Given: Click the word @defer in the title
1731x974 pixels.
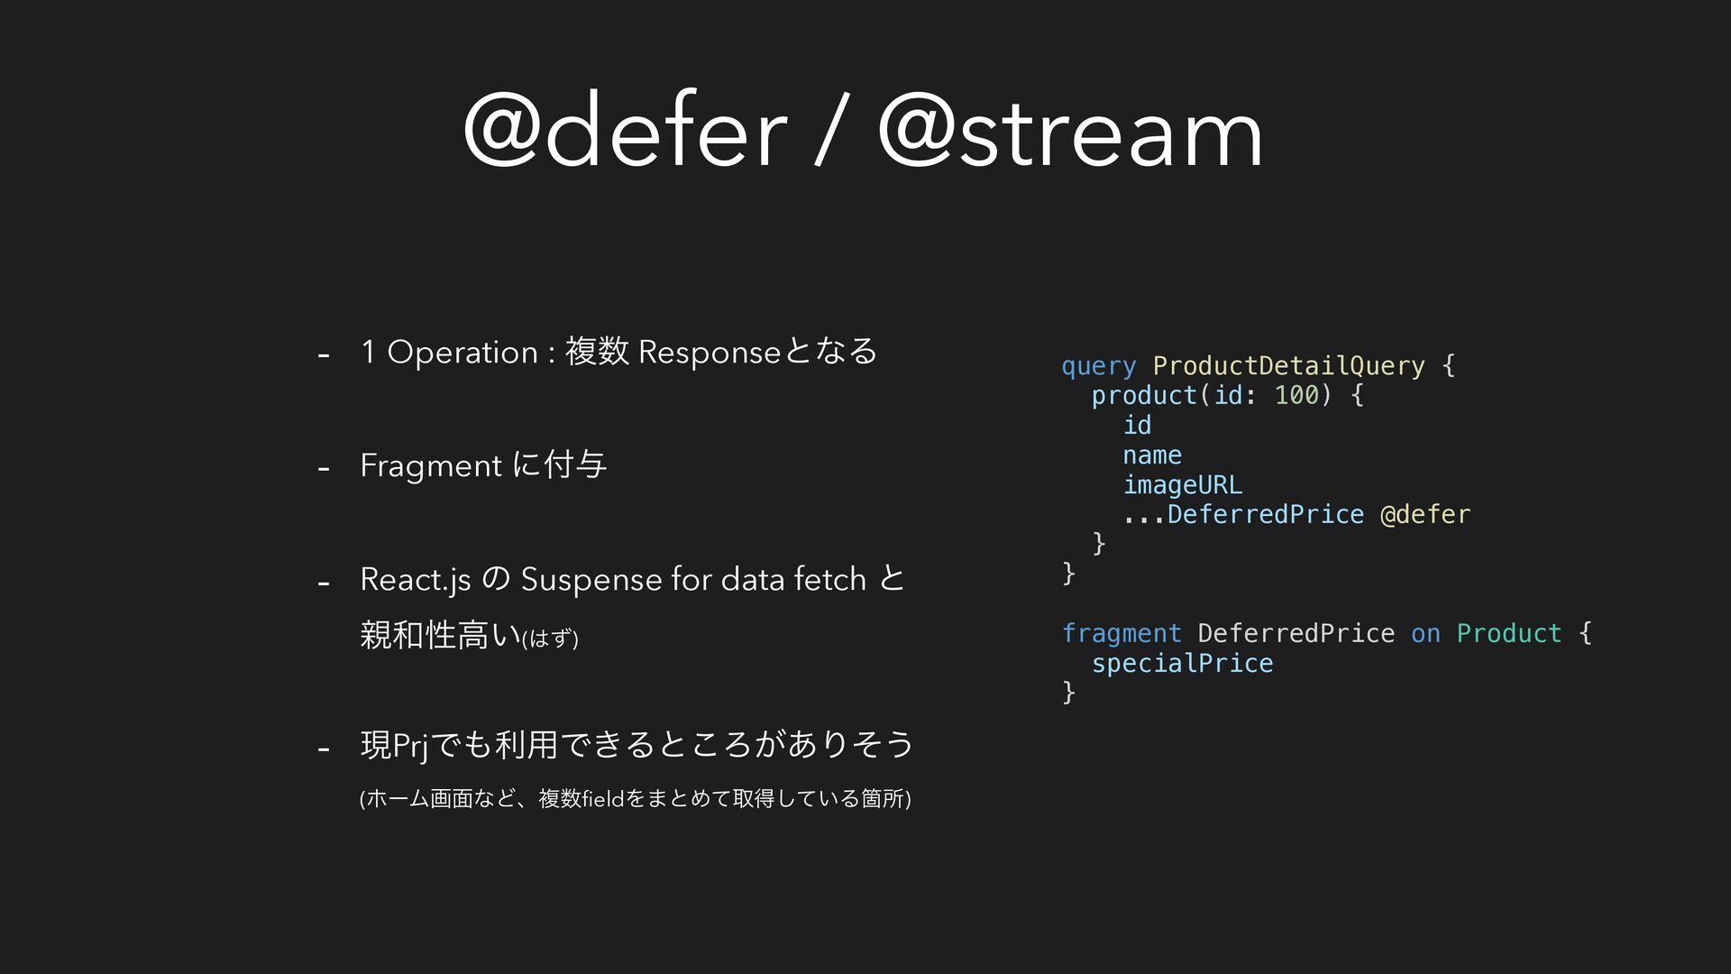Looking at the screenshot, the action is tap(626, 131).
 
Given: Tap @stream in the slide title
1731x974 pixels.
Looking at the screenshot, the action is tap(1070, 131).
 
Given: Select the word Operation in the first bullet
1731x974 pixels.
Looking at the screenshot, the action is tap(463, 353).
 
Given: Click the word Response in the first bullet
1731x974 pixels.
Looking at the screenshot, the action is tap(710, 353).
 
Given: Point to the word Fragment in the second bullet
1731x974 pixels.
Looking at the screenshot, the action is tap(431, 466).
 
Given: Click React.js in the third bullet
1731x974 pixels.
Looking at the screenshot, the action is tap(416, 580).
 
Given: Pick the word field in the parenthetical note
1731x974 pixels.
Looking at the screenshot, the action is tap(604, 798).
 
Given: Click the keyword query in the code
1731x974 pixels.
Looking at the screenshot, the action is tap(1099, 366).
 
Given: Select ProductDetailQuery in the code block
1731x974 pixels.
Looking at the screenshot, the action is tap(1289, 365).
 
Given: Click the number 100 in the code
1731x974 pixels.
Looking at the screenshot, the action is tap(1296, 395).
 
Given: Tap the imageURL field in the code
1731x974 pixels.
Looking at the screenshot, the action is tap(1183, 485).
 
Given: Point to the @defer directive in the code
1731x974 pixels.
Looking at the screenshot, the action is tap(1425, 514).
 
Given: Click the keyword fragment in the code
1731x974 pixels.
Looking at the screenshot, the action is tap(1122, 633).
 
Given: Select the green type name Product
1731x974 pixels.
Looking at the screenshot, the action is tap(1509, 633).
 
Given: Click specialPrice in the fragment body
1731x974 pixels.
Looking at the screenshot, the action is tap(1183, 664).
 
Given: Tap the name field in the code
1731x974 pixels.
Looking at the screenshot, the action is tap(1152, 455).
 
